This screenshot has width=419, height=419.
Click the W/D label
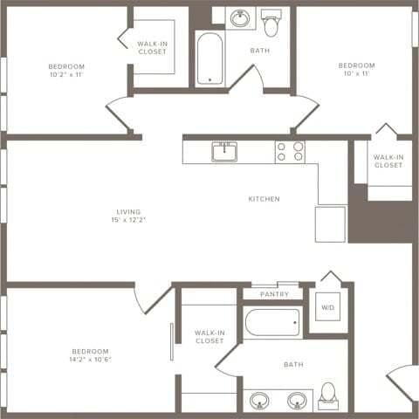tap(327, 308)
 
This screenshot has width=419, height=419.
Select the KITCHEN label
tap(264, 199)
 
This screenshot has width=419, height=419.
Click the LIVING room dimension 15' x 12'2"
tap(128, 220)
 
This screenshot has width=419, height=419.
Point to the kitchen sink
tap(224, 152)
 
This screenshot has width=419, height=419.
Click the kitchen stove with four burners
tap(290, 152)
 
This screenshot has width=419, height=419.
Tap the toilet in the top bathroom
tap(271, 24)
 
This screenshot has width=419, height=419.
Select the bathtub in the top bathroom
tap(209, 58)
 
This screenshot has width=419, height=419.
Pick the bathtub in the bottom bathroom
tap(272, 323)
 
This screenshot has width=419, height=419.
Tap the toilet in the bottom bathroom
tap(328, 395)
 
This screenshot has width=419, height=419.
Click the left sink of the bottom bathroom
tap(258, 401)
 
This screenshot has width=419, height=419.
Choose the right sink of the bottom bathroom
tap(297, 401)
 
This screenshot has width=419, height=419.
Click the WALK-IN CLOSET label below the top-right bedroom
tap(388, 161)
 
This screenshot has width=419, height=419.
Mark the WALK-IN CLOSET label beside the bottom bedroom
tap(209, 337)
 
